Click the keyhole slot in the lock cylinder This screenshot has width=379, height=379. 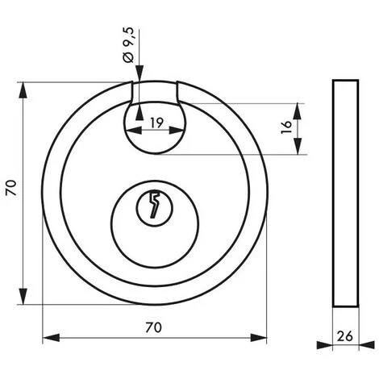pyautogui.click(x=154, y=205)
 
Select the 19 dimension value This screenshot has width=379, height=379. pyautogui.click(x=156, y=123)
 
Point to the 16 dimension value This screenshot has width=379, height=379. pyautogui.click(x=286, y=127)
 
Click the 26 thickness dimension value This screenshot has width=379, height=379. pyautogui.click(x=345, y=336)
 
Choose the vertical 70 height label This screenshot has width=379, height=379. pyautogui.click(x=12, y=188)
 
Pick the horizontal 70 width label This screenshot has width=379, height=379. pyautogui.click(x=154, y=327)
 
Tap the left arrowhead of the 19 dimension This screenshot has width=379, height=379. pyautogui.click(x=134, y=131)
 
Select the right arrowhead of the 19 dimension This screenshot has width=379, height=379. pyautogui.click(x=177, y=131)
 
